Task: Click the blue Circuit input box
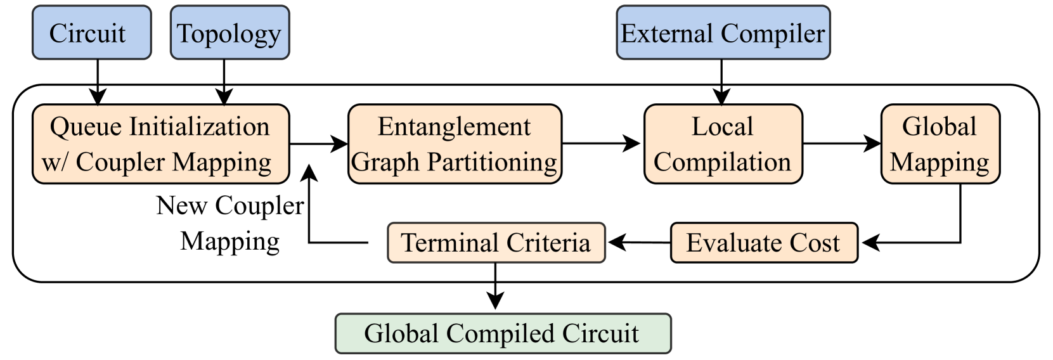91,33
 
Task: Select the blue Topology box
229,33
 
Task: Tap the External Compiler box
723,33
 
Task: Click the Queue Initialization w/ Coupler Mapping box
160,145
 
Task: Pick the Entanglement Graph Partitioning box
455,145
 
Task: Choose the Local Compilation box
723,145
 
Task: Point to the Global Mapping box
940,145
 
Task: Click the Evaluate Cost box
763,243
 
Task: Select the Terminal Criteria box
496,243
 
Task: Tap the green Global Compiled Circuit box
502,333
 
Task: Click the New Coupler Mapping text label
229,223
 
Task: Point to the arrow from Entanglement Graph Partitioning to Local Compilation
601,144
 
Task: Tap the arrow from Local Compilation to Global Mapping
841,144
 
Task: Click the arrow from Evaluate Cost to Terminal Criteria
638,242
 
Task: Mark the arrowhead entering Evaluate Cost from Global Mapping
870,243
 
